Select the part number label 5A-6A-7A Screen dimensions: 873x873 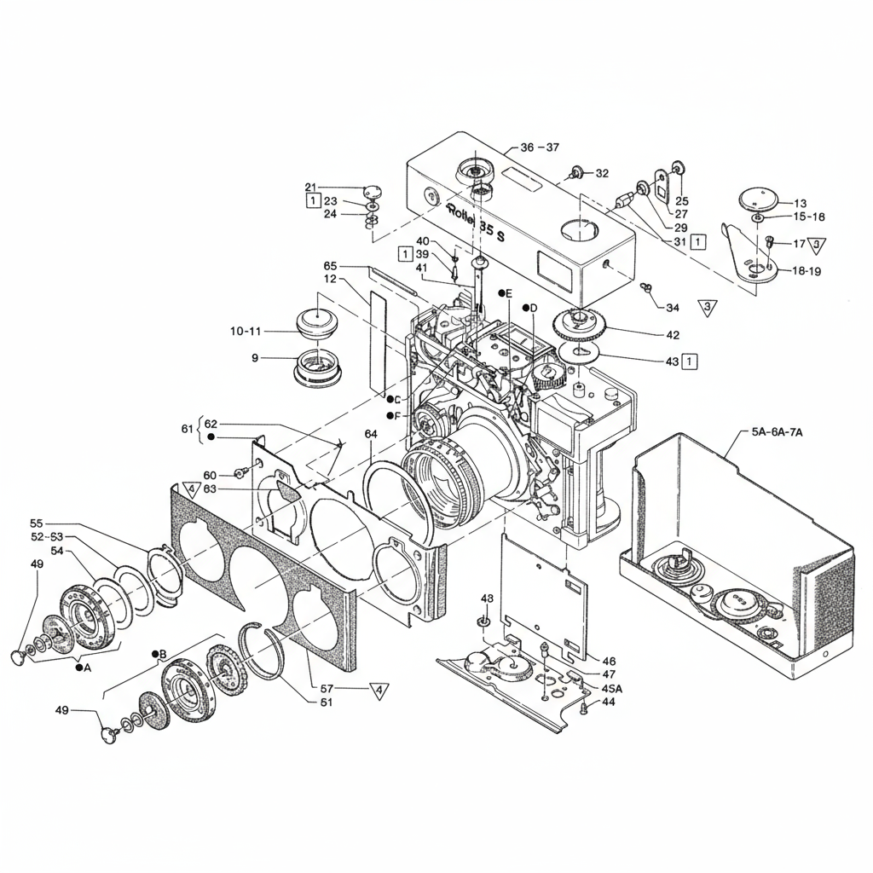[778, 432]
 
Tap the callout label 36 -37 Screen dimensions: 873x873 [540, 147]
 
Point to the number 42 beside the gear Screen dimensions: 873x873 [673, 334]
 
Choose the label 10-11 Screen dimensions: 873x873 [246, 331]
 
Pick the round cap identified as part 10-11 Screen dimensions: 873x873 [318, 322]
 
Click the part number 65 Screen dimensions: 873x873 [331, 265]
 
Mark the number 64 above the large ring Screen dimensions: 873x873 [371, 434]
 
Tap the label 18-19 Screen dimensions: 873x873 [807, 271]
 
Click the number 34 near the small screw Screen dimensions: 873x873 [673, 308]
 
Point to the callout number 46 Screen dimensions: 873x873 [609, 661]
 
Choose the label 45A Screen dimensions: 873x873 [611, 688]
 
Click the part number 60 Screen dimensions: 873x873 [210, 475]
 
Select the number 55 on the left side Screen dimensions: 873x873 [36, 523]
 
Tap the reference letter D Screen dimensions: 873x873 [534, 308]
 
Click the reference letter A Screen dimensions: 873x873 [87, 668]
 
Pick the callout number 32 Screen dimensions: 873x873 [602, 173]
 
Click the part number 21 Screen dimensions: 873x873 [310, 187]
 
